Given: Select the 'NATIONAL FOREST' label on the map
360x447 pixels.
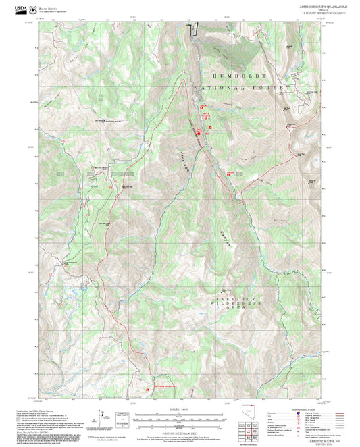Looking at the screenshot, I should click(241, 88).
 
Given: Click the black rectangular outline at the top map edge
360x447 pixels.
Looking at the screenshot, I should click(193, 28).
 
